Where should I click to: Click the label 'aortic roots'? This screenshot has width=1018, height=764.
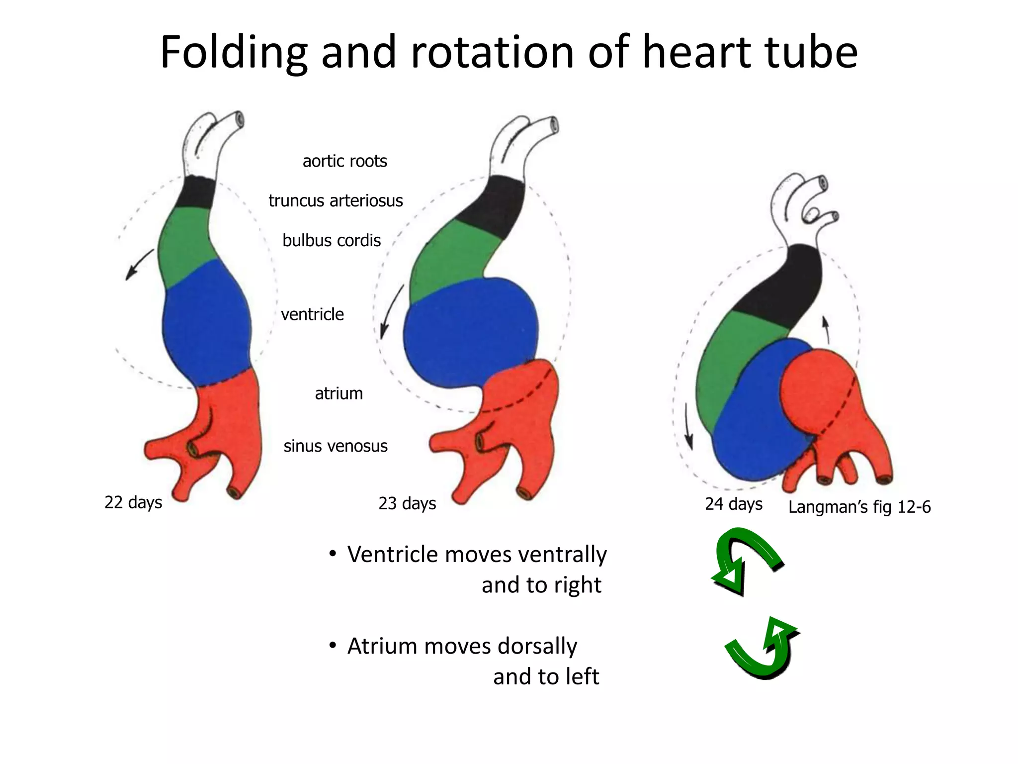[x=344, y=161]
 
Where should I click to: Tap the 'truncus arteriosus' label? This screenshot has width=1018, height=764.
[x=336, y=200]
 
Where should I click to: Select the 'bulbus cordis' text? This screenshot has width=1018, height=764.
[x=332, y=241]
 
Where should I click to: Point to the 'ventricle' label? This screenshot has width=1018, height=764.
[x=312, y=314]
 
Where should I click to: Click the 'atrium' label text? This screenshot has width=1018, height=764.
[x=339, y=393]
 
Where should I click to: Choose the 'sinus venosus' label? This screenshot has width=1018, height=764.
[x=336, y=446]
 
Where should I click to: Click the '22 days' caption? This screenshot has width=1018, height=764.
[x=133, y=502]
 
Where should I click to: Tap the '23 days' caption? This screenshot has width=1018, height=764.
[x=407, y=503]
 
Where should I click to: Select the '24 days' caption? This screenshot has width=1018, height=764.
[x=733, y=504]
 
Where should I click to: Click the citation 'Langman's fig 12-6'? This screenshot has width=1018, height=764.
[x=859, y=507]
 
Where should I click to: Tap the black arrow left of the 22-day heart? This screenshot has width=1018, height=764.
[x=139, y=264]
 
